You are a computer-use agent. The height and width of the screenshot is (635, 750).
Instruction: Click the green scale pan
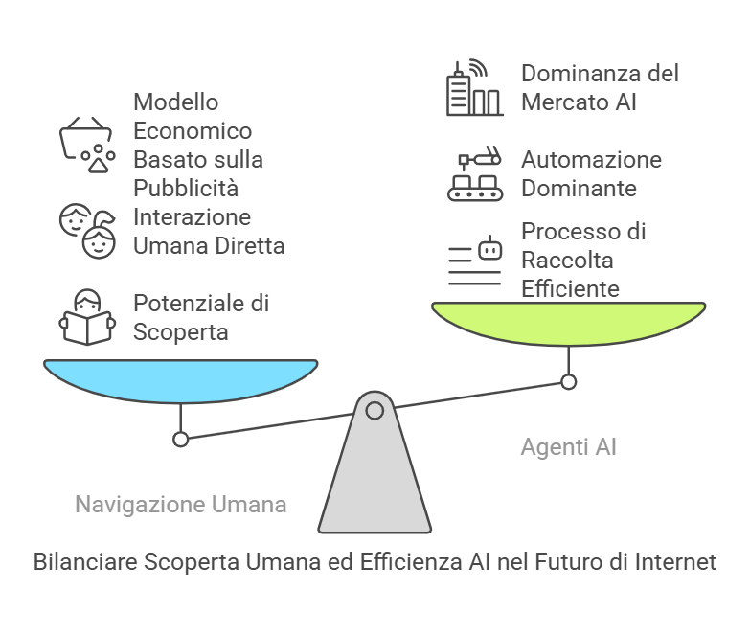569,324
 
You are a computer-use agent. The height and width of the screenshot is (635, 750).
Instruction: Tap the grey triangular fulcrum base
375,479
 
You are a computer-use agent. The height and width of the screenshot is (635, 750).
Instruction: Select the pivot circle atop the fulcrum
375,411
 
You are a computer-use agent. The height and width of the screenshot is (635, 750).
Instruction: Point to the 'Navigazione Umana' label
181,504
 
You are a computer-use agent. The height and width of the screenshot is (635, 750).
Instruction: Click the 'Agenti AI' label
568,446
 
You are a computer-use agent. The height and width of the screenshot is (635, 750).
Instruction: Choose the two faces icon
87,230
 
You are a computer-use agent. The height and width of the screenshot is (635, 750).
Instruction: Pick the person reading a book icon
87,317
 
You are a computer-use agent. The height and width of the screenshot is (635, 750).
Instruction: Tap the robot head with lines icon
475,260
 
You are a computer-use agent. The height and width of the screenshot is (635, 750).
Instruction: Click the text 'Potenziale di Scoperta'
200,317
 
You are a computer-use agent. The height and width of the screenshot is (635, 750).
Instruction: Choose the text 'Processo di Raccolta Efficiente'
583,260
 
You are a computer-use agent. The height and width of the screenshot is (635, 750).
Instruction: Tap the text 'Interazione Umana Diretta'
209,230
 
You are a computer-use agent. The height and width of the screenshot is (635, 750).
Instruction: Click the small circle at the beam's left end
179,439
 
